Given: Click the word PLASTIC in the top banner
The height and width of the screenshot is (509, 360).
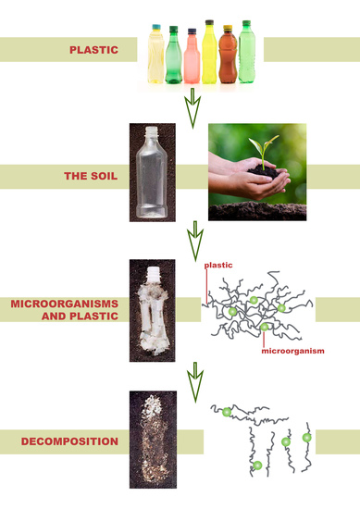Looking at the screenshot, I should (x=93, y=49).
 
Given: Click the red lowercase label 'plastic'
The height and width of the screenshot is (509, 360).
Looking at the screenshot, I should (x=217, y=266).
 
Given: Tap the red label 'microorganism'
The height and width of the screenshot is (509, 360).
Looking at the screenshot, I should (x=293, y=352).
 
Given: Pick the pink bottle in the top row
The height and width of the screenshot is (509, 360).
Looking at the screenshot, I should (x=192, y=57).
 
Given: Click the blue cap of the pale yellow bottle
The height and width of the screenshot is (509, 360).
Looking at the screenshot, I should (x=155, y=30).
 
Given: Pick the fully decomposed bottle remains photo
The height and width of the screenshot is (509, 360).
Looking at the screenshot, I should (x=153, y=441).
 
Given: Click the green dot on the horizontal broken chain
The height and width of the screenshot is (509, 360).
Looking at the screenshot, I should (x=225, y=411).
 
